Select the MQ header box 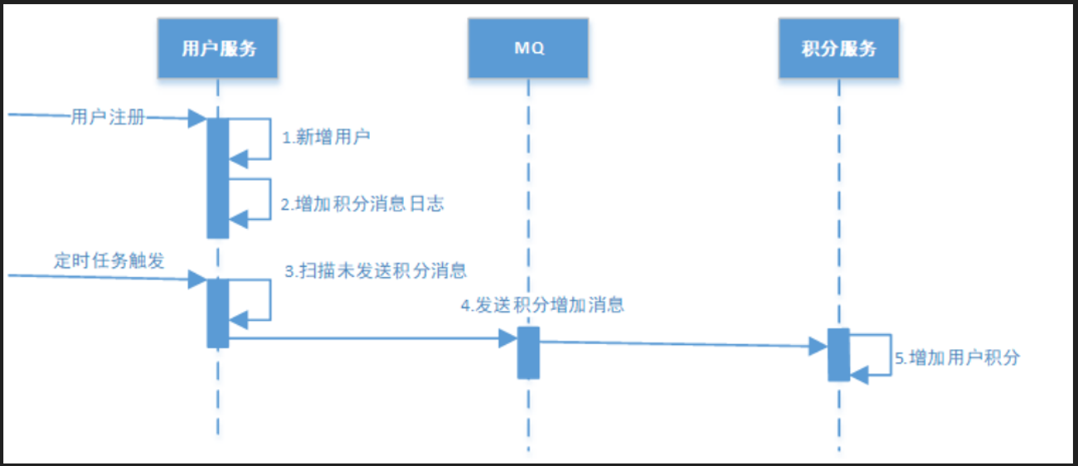tap(528, 48)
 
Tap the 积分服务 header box tap(838, 48)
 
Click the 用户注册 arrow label tap(108, 119)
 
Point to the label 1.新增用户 tap(326, 138)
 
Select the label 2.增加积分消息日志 tap(362, 204)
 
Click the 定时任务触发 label tap(109, 261)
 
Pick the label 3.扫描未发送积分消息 tap(376, 270)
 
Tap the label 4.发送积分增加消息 tap(542, 305)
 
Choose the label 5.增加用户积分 tap(957, 358)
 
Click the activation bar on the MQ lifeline tap(528, 352)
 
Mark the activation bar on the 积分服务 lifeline tap(838, 355)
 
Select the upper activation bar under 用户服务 tap(217, 177)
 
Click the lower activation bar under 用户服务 tap(217, 313)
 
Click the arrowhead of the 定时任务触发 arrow tap(197, 279)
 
